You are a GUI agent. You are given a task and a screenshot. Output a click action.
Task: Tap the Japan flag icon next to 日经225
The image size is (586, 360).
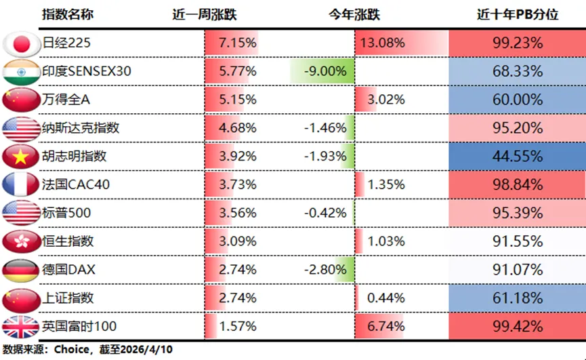click(x=21, y=43)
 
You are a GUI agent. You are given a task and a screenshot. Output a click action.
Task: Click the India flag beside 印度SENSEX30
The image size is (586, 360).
click(x=21, y=71)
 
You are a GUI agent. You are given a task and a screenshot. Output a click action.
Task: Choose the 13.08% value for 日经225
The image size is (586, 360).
click(x=383, y=43)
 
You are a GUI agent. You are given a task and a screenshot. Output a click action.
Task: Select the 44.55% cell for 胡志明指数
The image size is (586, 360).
click(x=518, y=156)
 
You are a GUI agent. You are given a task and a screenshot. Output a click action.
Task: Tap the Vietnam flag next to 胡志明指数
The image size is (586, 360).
click(x=21, y=156)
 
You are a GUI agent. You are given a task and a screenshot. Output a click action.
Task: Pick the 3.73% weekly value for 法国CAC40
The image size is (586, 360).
click(x=237, y=184)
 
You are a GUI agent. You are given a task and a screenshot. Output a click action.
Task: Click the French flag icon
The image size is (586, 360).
click(x=21, y=184)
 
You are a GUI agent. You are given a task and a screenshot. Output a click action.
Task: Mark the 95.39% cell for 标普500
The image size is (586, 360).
click(x=518, y=213)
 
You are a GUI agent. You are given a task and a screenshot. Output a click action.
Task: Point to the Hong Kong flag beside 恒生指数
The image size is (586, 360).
click(x=21, y=241)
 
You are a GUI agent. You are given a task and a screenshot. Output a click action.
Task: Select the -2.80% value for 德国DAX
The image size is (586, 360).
click(x=327, y=269)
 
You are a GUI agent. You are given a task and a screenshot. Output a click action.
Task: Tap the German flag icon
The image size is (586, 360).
click(x=21, y=269)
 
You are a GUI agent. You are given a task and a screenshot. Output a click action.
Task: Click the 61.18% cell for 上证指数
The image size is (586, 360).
click(x=518, y=298)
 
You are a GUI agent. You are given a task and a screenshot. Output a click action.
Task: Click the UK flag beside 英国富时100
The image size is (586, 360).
click(x=21, y=326)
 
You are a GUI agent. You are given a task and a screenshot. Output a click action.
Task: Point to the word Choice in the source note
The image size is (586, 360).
click(x=70, y=350)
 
